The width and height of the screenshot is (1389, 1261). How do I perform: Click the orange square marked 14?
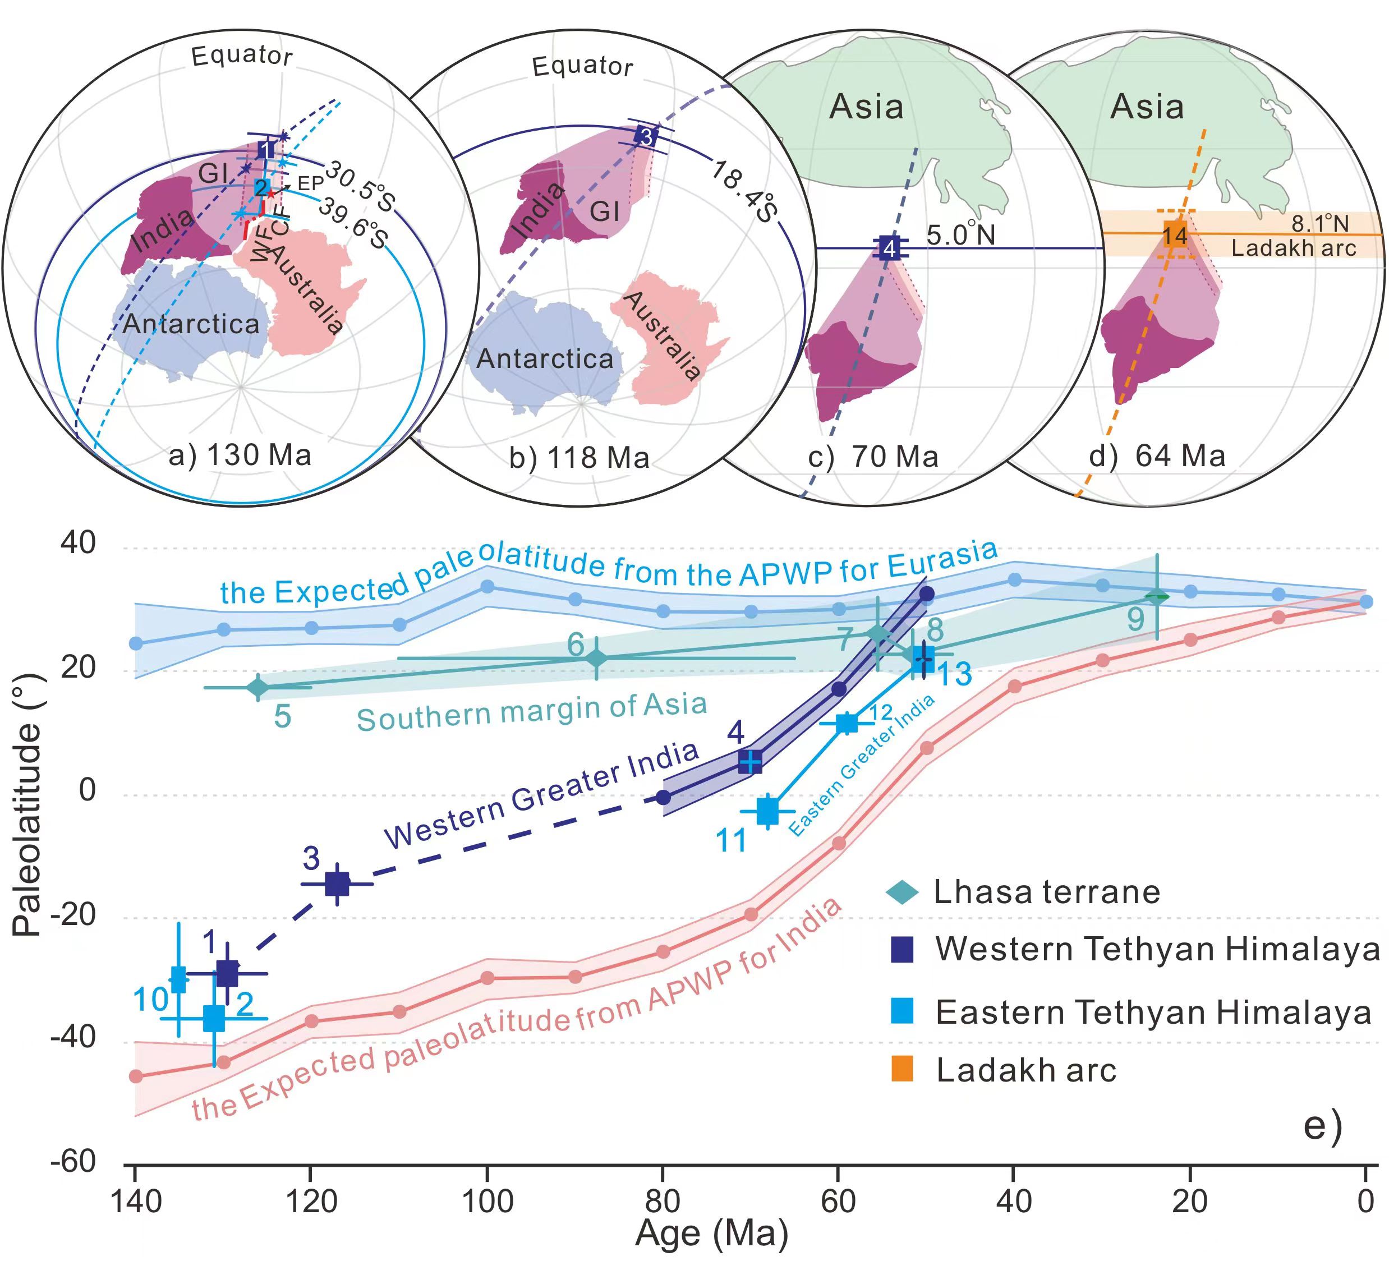click(1175, 235)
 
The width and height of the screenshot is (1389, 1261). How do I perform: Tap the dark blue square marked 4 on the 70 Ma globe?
click(890, 247)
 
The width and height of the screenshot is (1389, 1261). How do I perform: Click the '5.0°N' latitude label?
click(960, 235)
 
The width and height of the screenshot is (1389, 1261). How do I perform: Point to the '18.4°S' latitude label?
click(744, 191)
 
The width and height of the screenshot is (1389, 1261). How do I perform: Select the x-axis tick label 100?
click(487, 1202)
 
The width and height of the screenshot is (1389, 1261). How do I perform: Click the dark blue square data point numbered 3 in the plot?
click(337, 883)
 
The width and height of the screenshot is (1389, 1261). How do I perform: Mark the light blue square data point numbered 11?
click(767, 811)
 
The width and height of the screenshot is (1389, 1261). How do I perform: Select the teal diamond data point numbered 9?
click(1157, 597)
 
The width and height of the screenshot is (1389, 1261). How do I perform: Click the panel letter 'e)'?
click(1322, 1125)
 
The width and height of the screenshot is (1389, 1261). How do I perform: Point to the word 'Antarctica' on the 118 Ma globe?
click(544, 359)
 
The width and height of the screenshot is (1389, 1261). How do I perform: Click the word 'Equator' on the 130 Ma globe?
click(242, 55)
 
